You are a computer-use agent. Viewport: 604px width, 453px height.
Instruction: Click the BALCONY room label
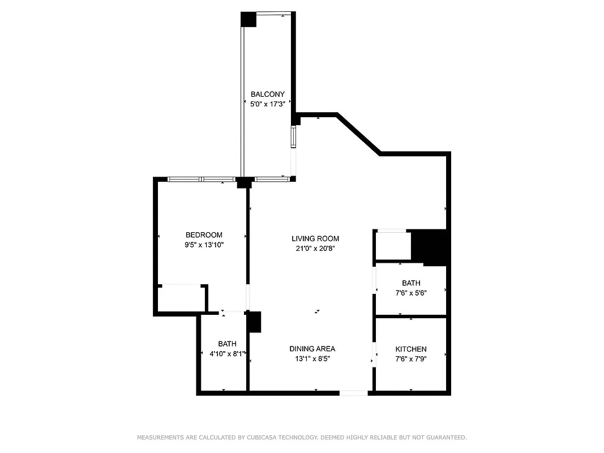tap(267, 95)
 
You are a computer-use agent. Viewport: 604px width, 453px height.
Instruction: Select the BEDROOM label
tap(204, 235)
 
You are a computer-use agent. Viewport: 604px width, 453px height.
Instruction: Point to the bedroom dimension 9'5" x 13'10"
tap(204, 245)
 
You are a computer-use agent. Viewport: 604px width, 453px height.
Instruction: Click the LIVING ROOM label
tap(315, 239)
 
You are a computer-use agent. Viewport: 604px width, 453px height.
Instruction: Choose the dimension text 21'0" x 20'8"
tap(315, 249)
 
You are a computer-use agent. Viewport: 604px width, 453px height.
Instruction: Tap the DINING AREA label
tap(312, 349)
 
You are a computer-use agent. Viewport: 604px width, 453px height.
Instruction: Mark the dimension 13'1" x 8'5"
tap(312, 358)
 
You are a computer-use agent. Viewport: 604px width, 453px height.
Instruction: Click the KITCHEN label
tap(411, 349)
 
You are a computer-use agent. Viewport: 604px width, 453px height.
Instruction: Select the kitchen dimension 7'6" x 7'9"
tap(411, 358)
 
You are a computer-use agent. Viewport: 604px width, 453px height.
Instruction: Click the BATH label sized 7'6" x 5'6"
tap(411, 283)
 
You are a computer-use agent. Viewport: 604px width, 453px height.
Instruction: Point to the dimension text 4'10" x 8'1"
tap(224, 353)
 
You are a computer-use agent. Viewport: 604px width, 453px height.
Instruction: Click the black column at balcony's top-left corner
tap(249, 19)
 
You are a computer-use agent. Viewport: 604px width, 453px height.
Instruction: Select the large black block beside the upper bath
tap(431, 247)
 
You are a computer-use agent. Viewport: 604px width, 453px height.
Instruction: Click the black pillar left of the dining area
tap(255, 322)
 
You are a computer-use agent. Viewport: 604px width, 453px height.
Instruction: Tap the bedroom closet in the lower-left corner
tap(181, 298)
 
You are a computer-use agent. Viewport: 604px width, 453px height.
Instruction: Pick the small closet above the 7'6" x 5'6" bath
tap(393, 246)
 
